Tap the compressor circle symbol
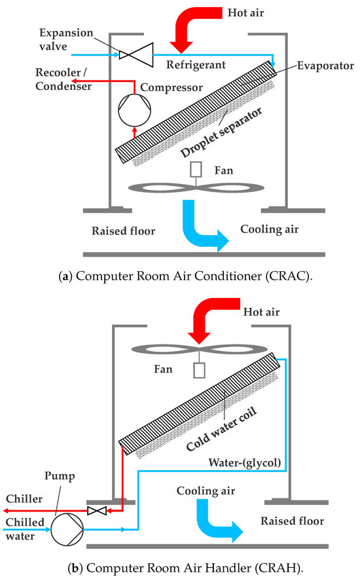tap(135, 107)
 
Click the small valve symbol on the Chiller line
tap(96, 509)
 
